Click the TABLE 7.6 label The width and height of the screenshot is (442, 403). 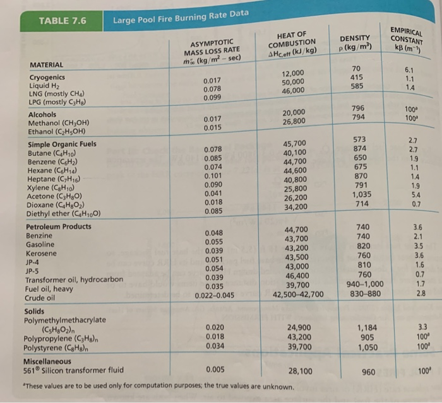[x=63, y=21]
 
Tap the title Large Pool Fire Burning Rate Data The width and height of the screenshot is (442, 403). [x=181, y=18]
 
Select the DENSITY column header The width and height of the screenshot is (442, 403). [x=355, y=44]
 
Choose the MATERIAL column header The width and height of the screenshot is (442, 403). [x=47, y=65]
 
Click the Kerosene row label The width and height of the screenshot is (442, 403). [x=41, y=253]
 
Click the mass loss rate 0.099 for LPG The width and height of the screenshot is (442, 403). [x=213, y=98]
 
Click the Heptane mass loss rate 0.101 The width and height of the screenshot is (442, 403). [x=213, y=176]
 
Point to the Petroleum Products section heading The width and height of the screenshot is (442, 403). [x=59, y=226]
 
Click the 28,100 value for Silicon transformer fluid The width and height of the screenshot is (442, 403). [x=299, y=371]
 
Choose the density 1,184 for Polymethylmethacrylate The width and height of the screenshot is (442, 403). [x=367, y=328]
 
